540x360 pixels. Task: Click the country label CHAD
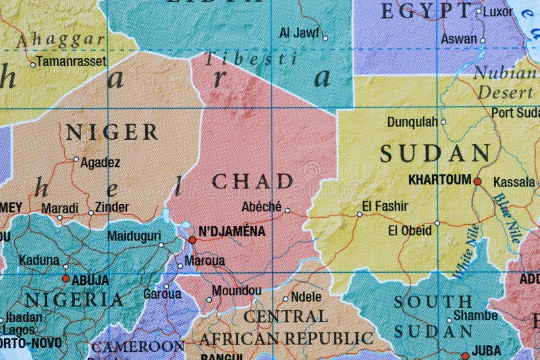coord(252,181)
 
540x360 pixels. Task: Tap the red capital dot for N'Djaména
coord(192,240)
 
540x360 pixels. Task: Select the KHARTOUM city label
coord(439,180)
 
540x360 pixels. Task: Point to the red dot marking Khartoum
coord(477,181)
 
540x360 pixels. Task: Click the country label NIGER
coord(112,132)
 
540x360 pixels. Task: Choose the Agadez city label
coord(100,162)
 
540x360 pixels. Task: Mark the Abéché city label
coord(261,207)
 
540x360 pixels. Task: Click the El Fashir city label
coord(386,205)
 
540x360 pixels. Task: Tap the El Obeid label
coord(409,230)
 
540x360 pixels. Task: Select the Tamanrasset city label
coord(71,61)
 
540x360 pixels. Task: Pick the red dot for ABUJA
coord(65,278)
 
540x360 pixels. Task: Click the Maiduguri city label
coord(134,236)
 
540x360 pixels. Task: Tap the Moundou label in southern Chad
coord(236,290)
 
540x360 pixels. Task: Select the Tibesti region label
coord(250,59)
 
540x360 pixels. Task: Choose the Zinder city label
coord(112,207)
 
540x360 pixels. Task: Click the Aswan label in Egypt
coord(458,39)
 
